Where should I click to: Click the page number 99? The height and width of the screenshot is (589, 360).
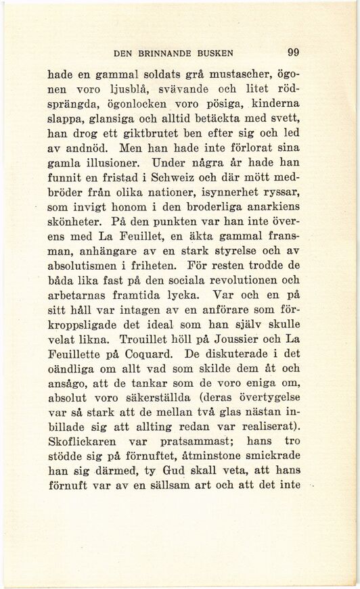pos(293,51)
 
